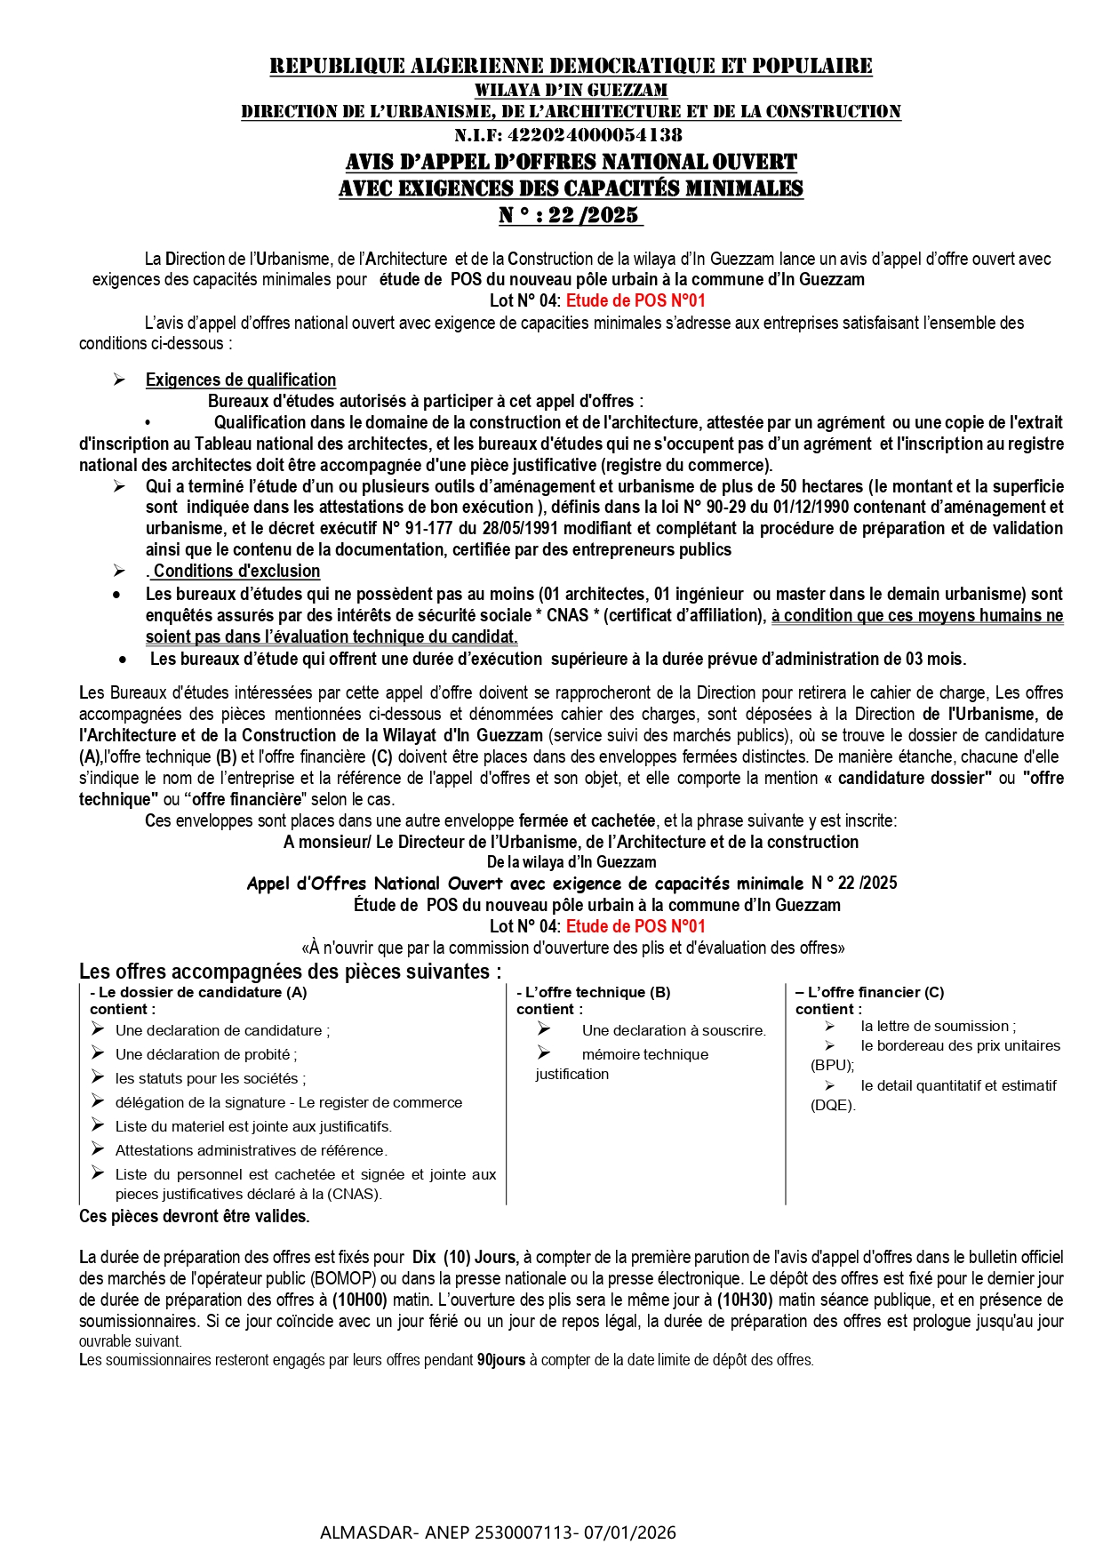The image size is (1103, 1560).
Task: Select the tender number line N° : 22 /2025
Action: pos(570,215)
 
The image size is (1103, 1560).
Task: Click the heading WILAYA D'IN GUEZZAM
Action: pos(571,90)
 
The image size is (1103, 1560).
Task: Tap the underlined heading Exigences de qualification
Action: pos(241,380)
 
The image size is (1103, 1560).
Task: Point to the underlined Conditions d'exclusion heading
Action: pos(236,572)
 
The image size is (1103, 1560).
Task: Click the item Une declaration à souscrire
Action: pos(674,1030)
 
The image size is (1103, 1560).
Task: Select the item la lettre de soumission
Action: pos(938,1026)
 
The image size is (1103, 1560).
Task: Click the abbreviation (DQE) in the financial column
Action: pos(833,1106)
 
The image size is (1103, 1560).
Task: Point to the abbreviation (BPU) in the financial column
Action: pos(832,1065)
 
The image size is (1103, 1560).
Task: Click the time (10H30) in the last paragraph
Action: pos(746,1300)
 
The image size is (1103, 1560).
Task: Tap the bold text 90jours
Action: pos(501,1360)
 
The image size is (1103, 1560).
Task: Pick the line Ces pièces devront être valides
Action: pos(195,1216)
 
